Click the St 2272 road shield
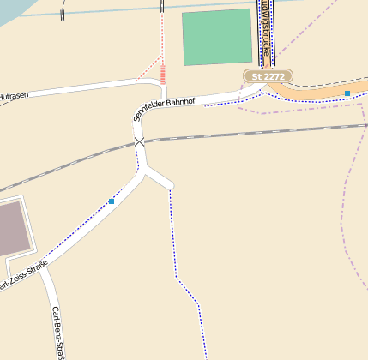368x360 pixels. [x=268, y=76]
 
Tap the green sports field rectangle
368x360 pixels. [x=217, y=38]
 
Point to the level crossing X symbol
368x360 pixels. [x=139, y=142]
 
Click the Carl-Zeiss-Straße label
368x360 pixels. [x=21, y=278]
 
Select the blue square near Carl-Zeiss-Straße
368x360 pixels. [x=112, y=201]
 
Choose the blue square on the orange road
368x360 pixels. [x=347, y=93]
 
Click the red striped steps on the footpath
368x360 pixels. [x=162, y=74]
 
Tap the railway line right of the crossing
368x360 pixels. [x=257, y=131]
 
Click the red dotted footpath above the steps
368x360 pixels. [x=162, y=34]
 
